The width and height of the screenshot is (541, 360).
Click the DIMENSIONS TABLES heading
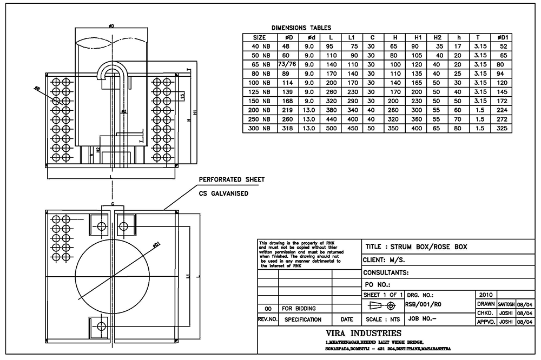click(301, 28)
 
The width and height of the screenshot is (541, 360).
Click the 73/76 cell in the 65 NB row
click(287, 64)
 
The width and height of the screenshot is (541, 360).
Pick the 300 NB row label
click(259, 129)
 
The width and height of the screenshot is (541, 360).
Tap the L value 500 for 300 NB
click(329, 129)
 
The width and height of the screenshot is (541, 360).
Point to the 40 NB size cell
click(259, 46)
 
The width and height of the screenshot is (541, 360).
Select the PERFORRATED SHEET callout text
click(232, 179)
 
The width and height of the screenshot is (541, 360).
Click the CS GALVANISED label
click(223, 193)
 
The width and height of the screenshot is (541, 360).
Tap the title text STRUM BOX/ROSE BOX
click(416, 247)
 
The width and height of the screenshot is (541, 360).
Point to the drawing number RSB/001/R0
click(424, 304)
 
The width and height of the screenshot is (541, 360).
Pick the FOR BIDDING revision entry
click(299, 308)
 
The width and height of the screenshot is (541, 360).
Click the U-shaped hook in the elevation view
click(112, 73)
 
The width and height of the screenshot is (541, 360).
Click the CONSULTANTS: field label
click(386, 272)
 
